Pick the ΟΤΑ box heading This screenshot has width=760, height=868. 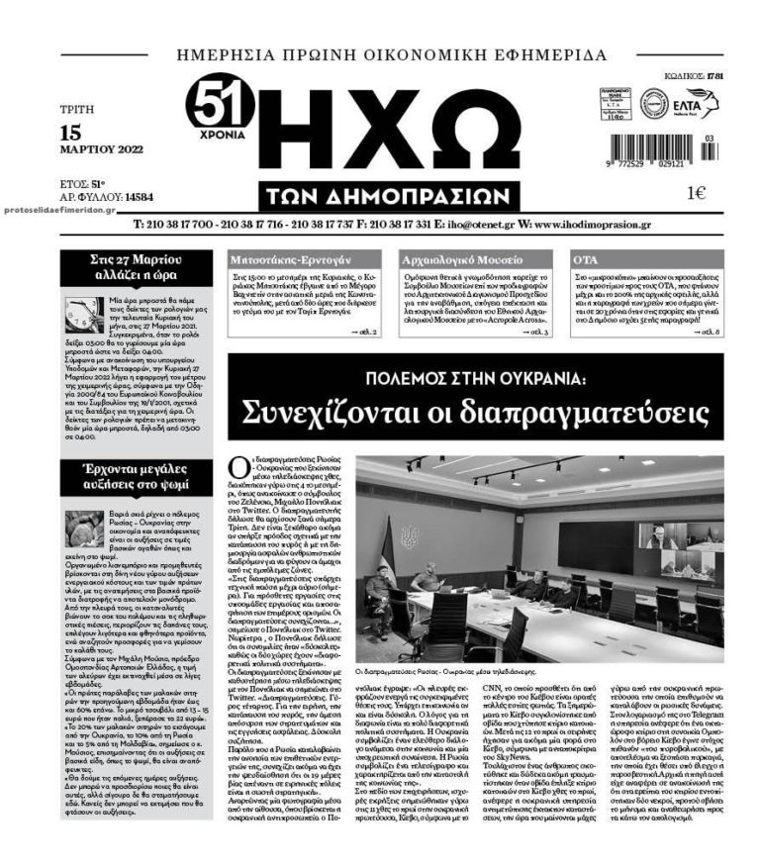(x=586, y=258)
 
